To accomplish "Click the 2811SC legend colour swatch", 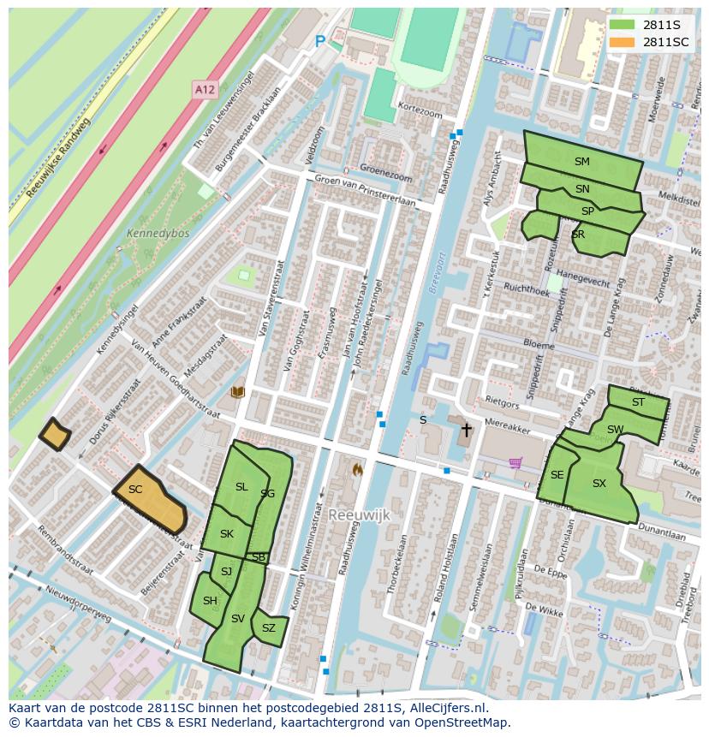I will (x=623, y=42).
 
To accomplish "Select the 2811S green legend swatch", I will (x=623, y=25).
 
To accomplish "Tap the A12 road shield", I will (x=205, y=89).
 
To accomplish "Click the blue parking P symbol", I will (x=320, y=41).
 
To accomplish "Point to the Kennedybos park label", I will (x=158, y=233).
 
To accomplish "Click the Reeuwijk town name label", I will (x=359, y=514).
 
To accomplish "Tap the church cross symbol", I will (x=466, y=430).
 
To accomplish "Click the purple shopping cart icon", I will (x=515, y=463).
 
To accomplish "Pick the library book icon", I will (x=238, y=392).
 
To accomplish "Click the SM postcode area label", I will (x=581, y=161).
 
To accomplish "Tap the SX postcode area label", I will (x=599, y=484).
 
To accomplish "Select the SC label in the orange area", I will (x=135, y=490).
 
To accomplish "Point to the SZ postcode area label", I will (x=269, y=628).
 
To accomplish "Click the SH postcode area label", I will (x=210, y=601).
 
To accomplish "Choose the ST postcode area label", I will (x=638, y=402).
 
